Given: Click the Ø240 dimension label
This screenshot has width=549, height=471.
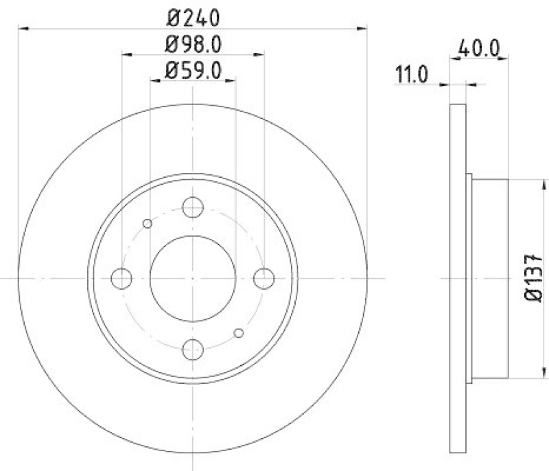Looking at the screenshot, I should coord(194,16).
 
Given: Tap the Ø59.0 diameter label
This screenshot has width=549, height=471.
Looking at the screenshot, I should coord(194,69).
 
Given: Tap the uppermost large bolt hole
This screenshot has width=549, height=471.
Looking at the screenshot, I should coord(193,207).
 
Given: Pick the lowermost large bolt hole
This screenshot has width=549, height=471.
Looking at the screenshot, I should coord(193,349).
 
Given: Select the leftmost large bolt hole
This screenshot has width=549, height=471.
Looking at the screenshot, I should coord(121,278).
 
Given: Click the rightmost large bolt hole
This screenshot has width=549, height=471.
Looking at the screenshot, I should coord(264,278).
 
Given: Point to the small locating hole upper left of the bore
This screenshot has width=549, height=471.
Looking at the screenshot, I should coord(147,223).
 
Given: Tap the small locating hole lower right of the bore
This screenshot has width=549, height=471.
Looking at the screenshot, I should coord(239,333).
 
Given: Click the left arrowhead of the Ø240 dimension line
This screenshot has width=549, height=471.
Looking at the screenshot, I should coord(23,28).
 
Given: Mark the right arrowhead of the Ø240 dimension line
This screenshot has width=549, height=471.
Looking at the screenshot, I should coord(363,28).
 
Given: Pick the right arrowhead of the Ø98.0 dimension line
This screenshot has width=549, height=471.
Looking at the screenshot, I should coord(261,54).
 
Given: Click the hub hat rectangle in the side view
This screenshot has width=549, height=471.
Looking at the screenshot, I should coord(490,278).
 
